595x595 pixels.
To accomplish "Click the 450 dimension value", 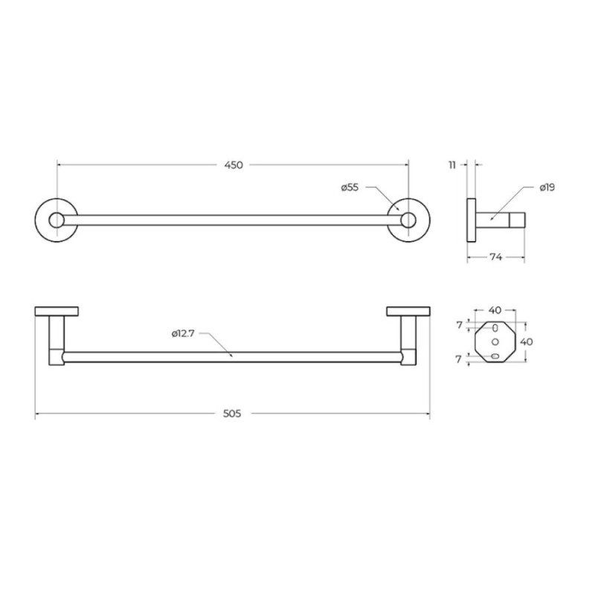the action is coord(234,165).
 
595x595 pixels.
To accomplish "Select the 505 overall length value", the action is coord(232,414).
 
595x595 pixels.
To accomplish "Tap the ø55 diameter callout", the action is coord(350,187).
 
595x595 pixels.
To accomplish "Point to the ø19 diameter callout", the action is coord(547,187).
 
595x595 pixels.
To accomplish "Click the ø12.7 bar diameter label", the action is coord(183,334).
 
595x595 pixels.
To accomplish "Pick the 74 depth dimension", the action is coord(496,257).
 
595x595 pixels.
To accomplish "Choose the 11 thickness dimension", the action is coord(452,165).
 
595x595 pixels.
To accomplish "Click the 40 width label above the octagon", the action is coord(495,310).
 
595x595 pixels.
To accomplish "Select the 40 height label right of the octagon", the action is coord(527,342).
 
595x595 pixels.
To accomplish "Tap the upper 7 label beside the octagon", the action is coord(460,325).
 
